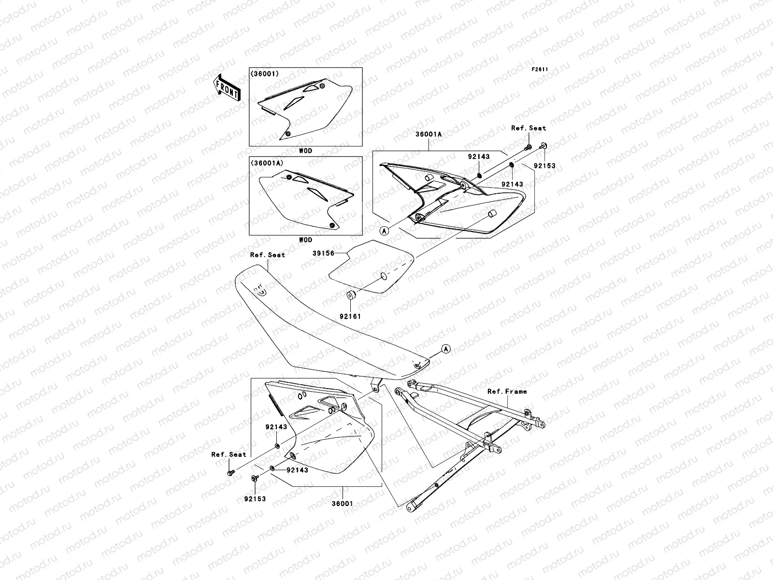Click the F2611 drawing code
pyautogui.click(x=540, y=70)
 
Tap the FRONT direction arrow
pyautogui.click(x=227, y=87)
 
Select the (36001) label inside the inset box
pyautogui.click(x=264, y=74)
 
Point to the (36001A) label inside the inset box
pyautogui.click(x=266, y=163)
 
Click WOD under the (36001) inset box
pyautogui.click(x=305, y=151)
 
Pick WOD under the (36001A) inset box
pyautogui.click(x=305, y=240)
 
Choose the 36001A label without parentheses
pyautogui.click(x=428, y=135)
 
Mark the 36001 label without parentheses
pyautogui.click(x=342, y=503)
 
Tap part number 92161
pyautogui.click(x=350, y=317)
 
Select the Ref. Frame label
pyautogui.click(x=507, y=391)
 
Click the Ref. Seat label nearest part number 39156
pyautogui.click(x=267, y=255)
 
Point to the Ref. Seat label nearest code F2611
pyautogui.click(x=529, y=128)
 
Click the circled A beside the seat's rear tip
pyautogui.click(x=445, y=348)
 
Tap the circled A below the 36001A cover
pyautogui.click(x=385, y=231)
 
